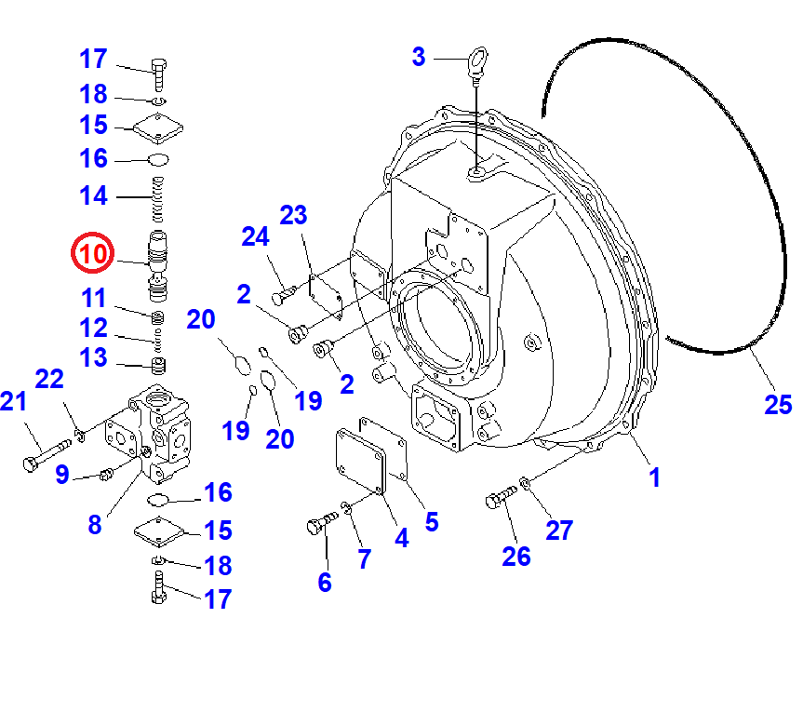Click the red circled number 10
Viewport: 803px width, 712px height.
(93, 253)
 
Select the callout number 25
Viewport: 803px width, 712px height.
(778, 405)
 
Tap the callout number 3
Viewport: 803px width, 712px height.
(419, 57)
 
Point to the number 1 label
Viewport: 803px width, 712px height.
(654, 477)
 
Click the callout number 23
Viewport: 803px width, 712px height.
(293, 215)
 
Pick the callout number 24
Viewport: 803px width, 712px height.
(255, 236)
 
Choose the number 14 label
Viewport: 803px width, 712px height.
(93, 195)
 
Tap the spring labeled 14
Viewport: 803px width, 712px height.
(158, 200)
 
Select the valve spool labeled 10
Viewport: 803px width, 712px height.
(158, 266)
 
